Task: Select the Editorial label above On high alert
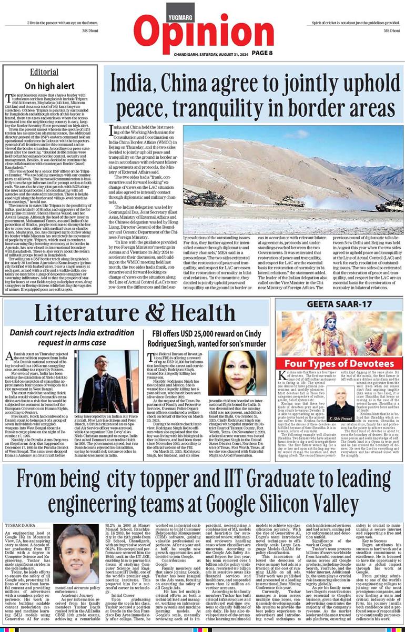pos(45,72)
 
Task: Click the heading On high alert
pos(45,85)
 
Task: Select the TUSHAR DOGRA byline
pos(23,509)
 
